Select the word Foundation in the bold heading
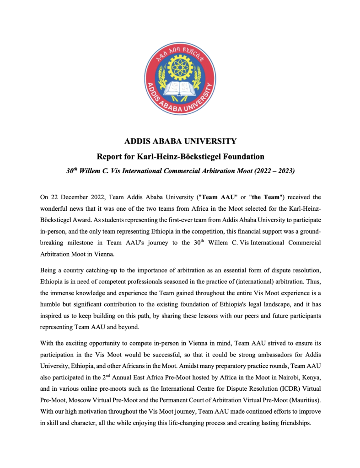241,157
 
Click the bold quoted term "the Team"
265,197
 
